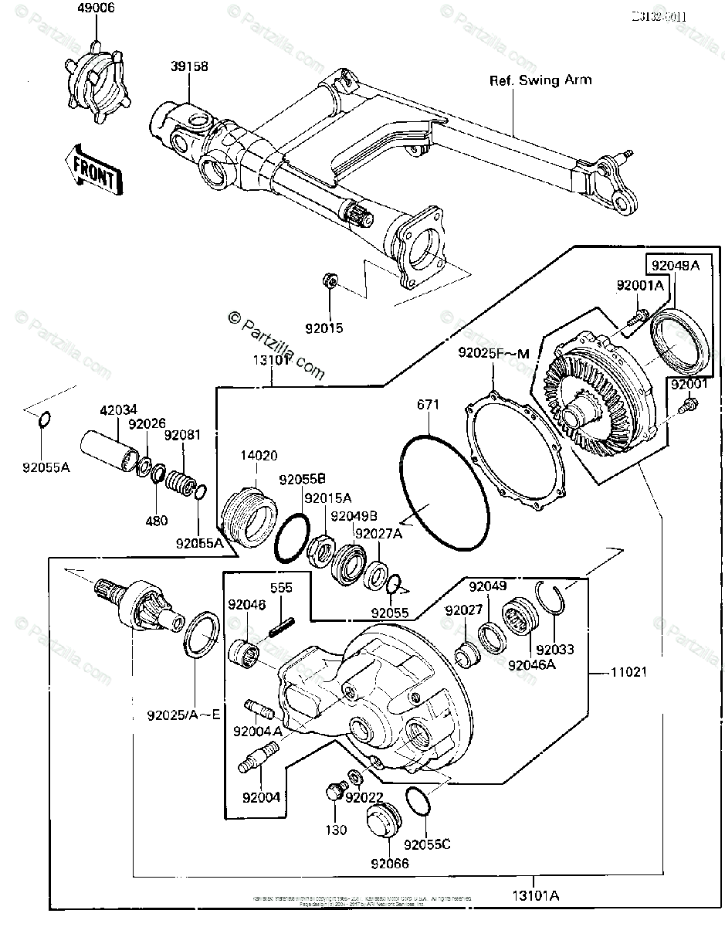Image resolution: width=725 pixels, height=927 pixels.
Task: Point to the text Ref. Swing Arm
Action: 540,80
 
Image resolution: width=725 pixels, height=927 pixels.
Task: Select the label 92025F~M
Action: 492,354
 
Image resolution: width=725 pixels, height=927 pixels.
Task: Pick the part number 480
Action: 156,521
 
